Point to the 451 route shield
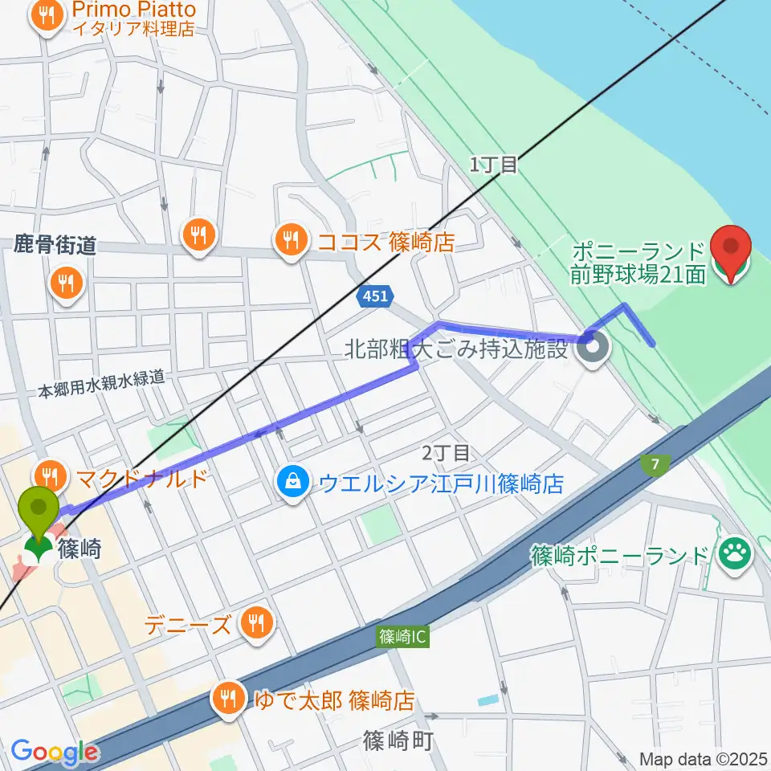[x=374, y=297]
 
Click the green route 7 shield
[x=651, y=464]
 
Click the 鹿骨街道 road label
[x=55, y=246]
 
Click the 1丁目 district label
[x=493, y=165]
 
